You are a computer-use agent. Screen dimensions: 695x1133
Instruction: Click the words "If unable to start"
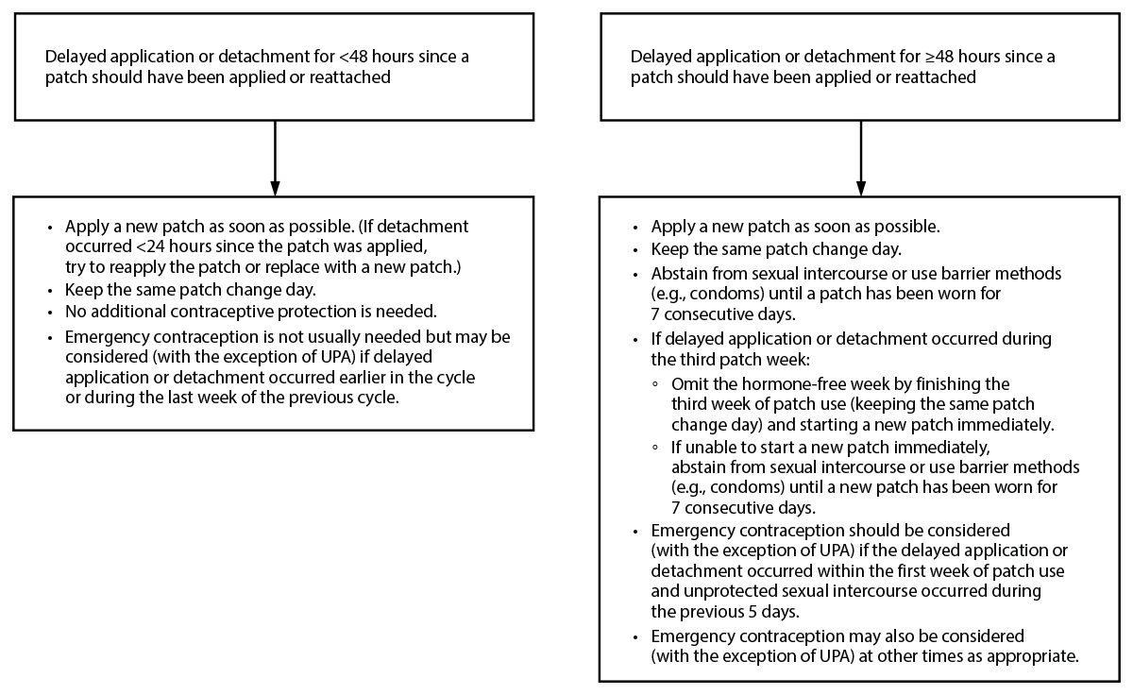click(732, 446)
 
